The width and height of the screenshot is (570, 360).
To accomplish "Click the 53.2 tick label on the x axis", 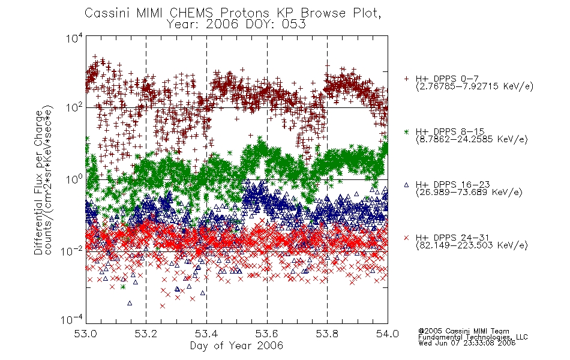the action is click(146, 334).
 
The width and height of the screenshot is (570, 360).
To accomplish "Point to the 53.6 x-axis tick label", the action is click(267, 334).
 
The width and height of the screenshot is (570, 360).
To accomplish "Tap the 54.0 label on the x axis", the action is click(388, 334).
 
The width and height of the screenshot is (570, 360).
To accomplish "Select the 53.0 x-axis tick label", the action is click(85, 334).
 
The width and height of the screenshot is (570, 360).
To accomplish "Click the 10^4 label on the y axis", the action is click(74, 38).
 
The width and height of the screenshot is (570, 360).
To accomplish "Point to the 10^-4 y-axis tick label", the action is click(72, 319).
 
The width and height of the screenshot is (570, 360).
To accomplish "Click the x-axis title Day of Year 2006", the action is click(236, 346).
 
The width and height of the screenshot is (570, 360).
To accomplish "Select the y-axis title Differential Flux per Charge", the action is click(38, 182).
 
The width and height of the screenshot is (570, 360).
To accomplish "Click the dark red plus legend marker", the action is click(406, 79).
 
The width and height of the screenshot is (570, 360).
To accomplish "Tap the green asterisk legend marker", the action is click(406, 131).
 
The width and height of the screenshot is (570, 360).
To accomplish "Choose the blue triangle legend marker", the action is click(406, 185).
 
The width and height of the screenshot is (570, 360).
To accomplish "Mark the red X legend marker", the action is click(406, 238).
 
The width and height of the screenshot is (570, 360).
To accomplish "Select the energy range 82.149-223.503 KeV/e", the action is click(472, 245).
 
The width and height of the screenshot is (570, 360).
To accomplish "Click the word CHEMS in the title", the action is click(192, 13).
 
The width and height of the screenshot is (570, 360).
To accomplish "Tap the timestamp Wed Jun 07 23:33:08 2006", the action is click(467, 343).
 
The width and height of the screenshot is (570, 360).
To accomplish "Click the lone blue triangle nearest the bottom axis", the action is click(130, 303).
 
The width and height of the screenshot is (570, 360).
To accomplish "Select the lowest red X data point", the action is click(162, 306).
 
